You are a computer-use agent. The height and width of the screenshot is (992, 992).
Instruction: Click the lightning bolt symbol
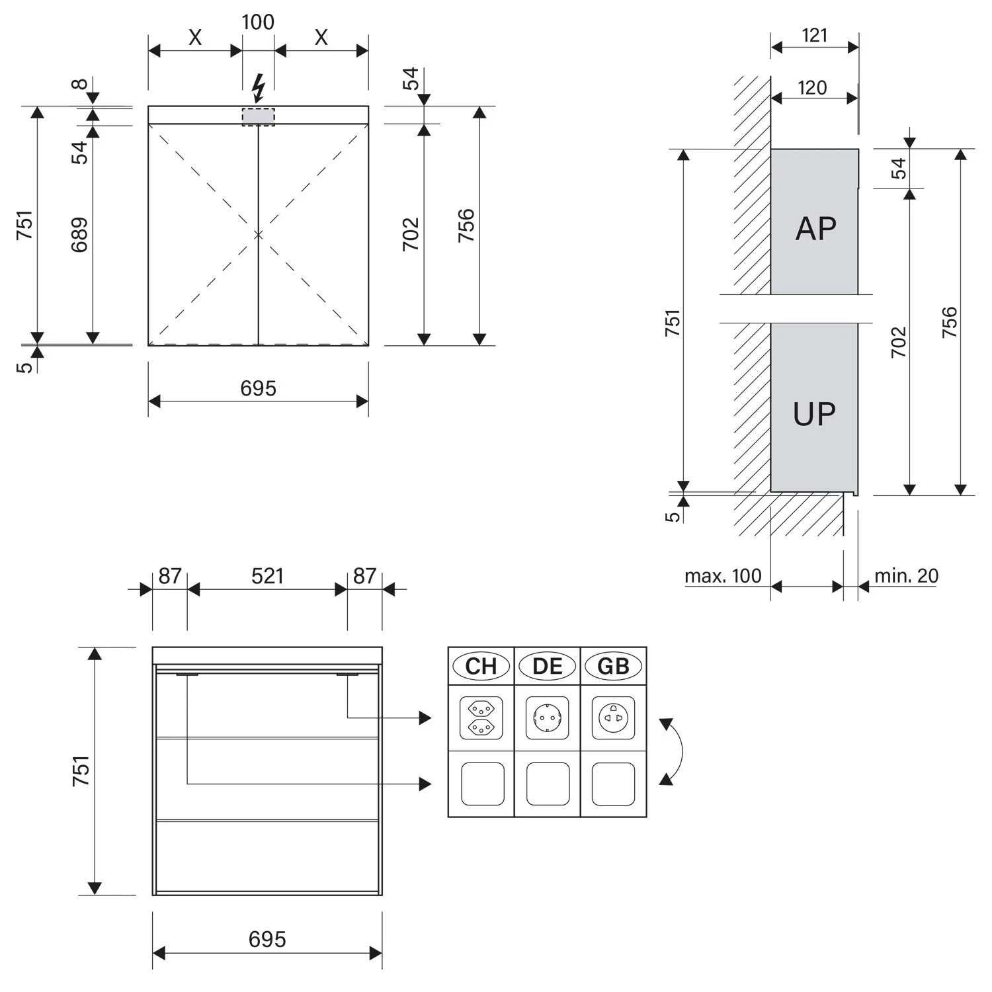pyautogui.click(x=259, y=88)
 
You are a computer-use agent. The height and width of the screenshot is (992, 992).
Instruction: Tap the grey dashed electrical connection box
pyautogui.click(x=258, y=117)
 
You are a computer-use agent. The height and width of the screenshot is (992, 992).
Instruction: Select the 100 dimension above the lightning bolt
pyautogui.click(x=258, y=22)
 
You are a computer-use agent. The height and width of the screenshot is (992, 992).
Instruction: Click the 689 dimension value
pyautogui.click(x=79, y=235)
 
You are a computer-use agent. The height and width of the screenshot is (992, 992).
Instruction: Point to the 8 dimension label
pyautogui.click(x=79, y=84)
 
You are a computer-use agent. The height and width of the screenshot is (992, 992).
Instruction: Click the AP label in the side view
pyautogui.click(x=815, y=229)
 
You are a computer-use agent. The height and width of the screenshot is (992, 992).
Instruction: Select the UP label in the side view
pyautogui.click(x=814, y=414)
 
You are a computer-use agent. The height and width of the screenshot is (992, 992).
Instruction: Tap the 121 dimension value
pyautogui.click(x=815, y=35)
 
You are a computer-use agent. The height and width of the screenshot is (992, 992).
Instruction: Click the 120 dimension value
pyautogui.click(x=812, y=87)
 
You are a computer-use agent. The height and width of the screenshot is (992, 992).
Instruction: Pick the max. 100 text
pyautogui.click(x=723, y=576)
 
